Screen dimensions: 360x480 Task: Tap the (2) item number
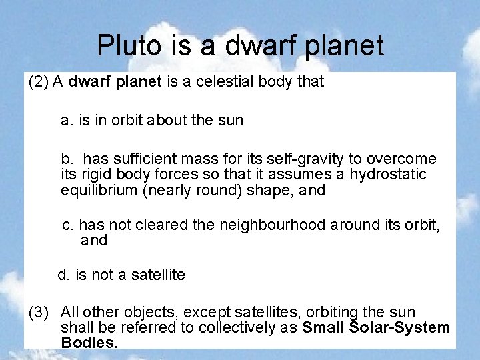38,82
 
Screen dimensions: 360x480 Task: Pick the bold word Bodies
89,343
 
